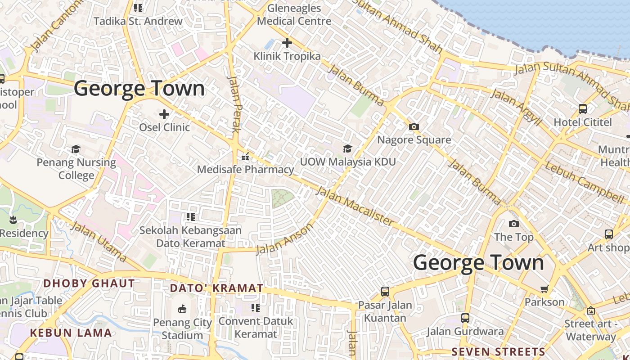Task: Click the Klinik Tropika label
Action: [287, 56]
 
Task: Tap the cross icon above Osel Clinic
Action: [164, 114]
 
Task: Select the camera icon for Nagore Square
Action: [414, 127]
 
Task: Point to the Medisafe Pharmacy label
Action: [245, 170]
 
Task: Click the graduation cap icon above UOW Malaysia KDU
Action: [347, 148]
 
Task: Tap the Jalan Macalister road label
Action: [355, 206]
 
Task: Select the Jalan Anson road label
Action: [284, 239]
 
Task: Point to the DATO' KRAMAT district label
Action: [216, 288]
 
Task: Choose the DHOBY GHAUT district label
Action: [89, 283]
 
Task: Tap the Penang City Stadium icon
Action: [182, 309]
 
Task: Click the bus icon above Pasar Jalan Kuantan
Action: [385, 291]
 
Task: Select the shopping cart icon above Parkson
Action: [544, 288]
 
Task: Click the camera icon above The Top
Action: [513, 224]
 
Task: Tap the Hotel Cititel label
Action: [583, 122]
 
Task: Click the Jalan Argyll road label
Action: [516, 107]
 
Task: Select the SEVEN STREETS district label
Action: [498, 352]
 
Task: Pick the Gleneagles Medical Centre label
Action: [294, 14]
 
